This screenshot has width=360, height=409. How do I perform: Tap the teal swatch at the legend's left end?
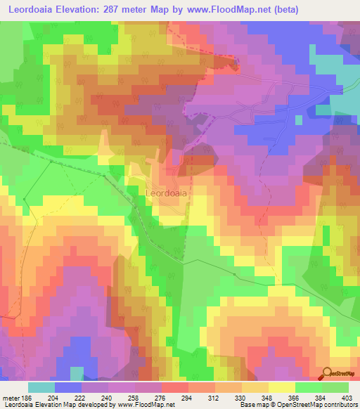tap(41, 387)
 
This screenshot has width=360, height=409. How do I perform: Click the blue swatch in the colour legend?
tap(68, 387)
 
